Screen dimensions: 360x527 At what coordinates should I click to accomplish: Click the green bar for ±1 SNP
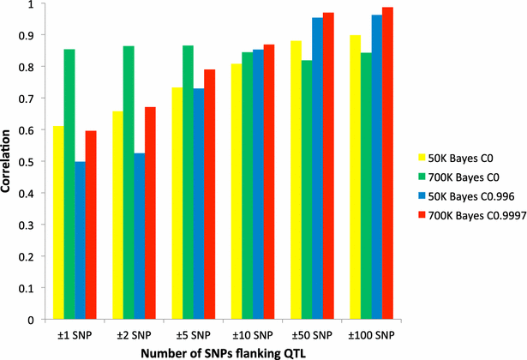[69, 184]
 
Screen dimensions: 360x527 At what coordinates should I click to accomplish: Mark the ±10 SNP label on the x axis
[254, 333]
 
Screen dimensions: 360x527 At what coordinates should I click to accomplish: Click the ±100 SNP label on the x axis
[373, 333]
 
